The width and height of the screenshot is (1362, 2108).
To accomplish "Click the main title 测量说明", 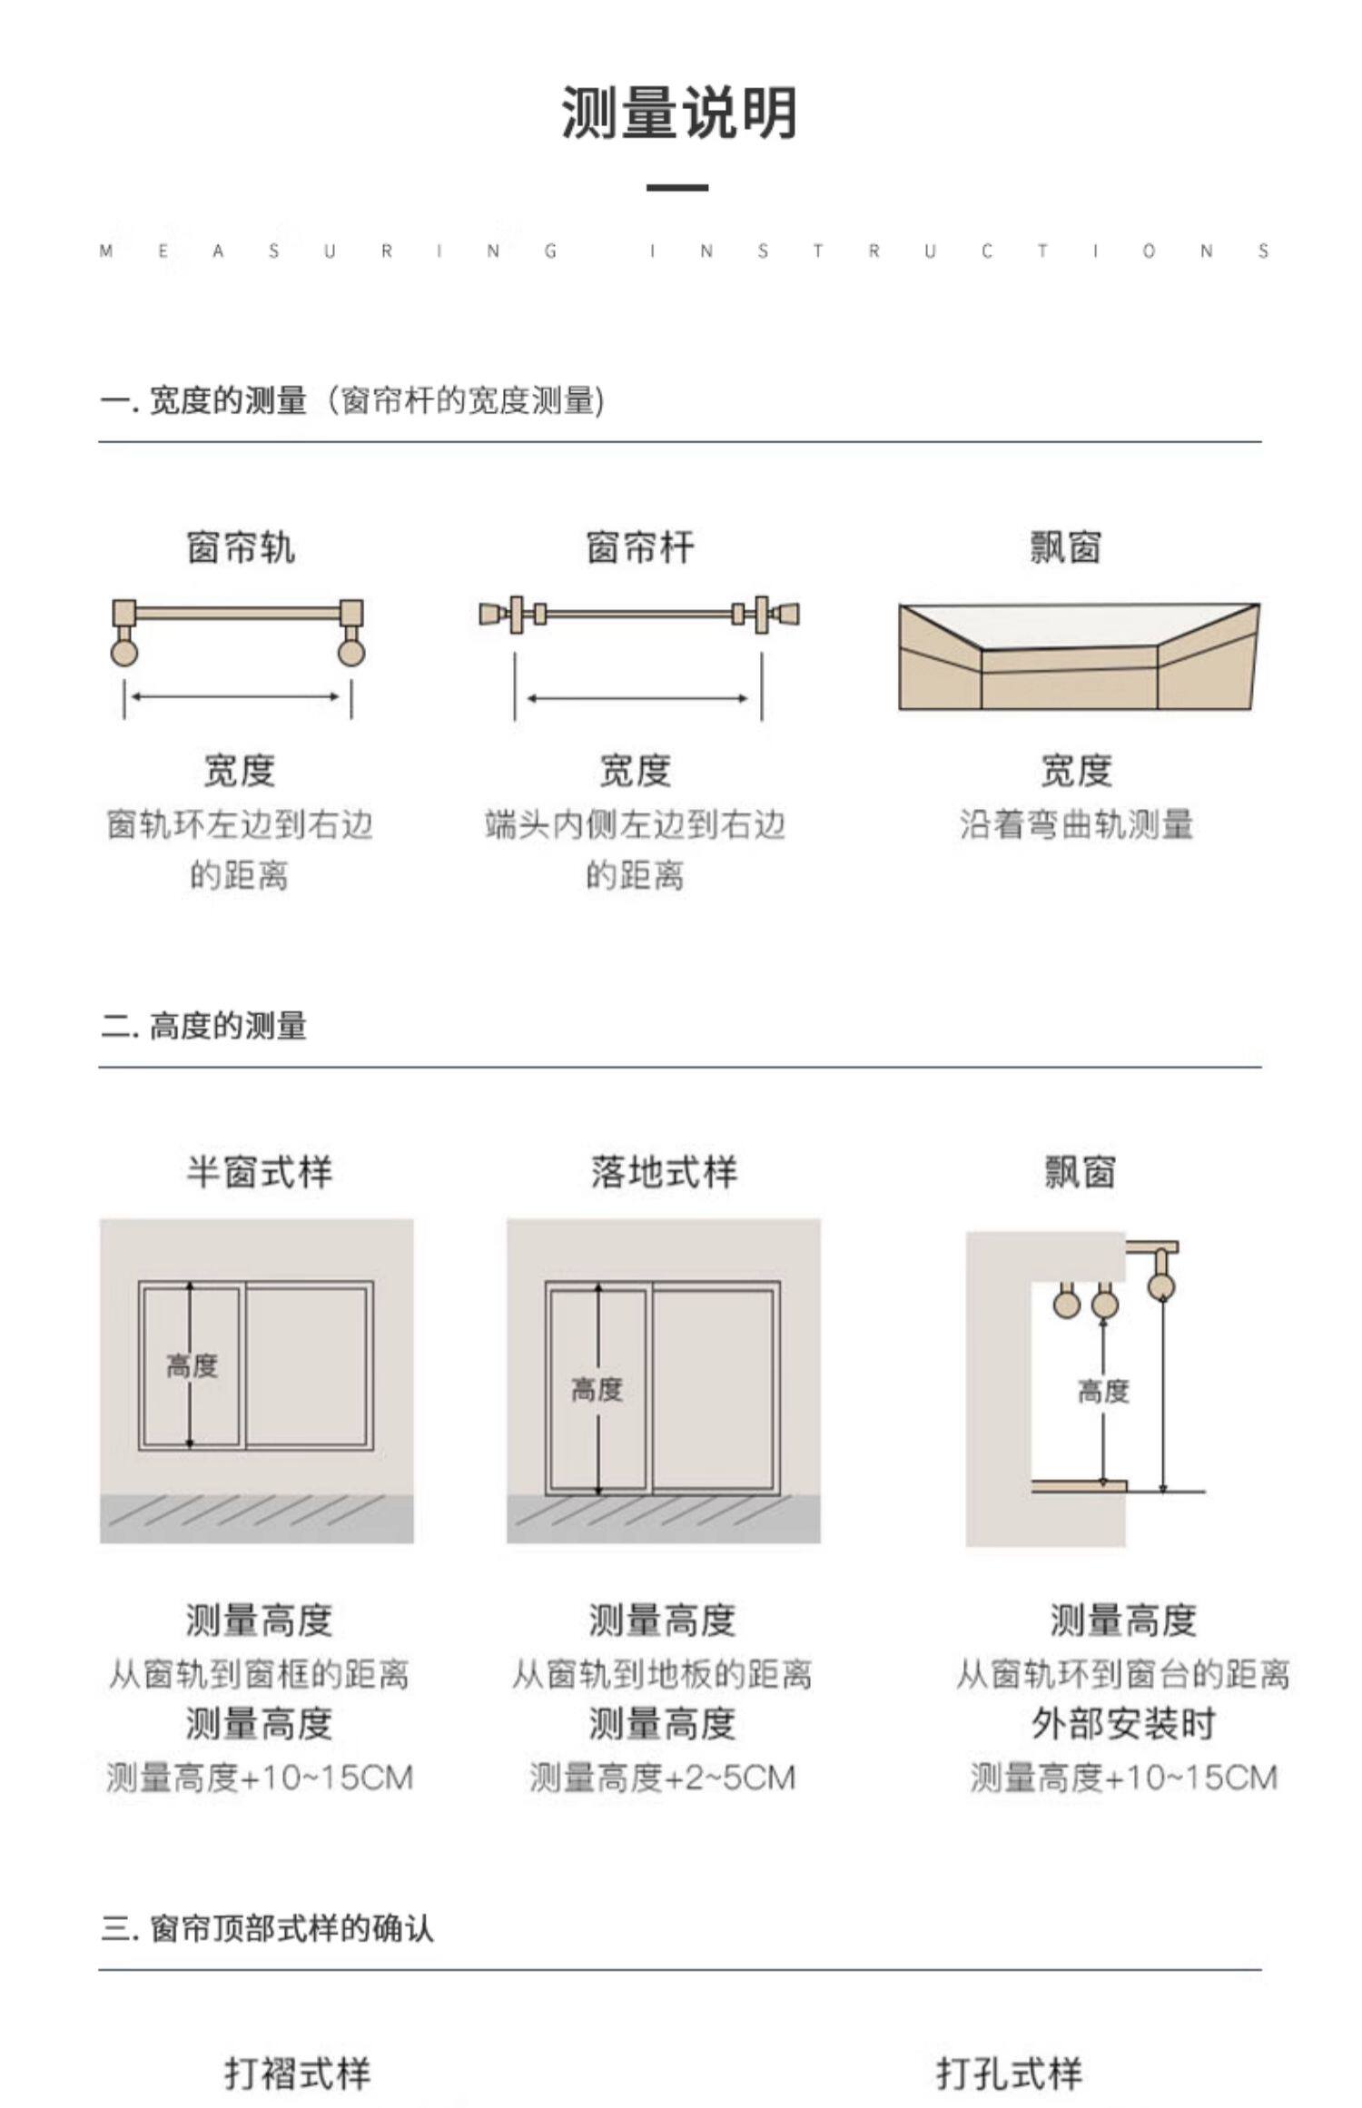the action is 678,113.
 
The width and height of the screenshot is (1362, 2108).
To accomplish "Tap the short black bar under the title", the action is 677,188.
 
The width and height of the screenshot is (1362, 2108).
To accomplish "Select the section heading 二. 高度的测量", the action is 204,1027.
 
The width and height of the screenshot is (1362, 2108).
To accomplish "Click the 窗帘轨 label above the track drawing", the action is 241,547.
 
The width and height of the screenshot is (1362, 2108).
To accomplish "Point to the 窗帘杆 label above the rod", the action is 640,547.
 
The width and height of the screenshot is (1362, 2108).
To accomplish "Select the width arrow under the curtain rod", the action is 637,698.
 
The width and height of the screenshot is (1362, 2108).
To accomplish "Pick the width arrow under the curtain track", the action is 237,697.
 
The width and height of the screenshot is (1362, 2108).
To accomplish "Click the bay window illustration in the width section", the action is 1079,655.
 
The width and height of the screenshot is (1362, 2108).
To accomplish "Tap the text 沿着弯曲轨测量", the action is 1076,824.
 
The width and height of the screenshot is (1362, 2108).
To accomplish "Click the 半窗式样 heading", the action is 260,1172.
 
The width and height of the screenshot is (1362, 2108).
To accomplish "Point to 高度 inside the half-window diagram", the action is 192,1365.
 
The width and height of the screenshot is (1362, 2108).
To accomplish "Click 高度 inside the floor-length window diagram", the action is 597,1389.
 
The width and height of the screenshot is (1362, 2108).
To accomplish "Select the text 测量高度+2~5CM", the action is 662,1778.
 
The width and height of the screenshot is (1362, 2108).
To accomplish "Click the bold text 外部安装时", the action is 1123,1724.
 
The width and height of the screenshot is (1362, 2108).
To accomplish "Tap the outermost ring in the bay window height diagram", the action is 1161,1285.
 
